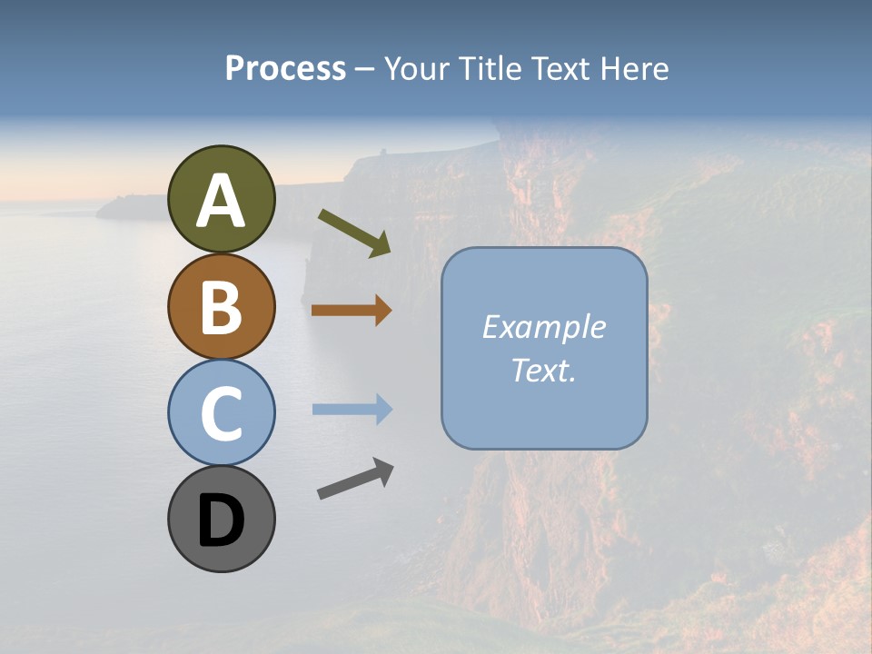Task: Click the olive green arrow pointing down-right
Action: pos(354,233)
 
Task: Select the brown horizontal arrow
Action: pos(351,311)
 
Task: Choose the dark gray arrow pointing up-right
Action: pos(355,479)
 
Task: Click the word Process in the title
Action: pos(285,68)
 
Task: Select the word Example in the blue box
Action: pos(543,327)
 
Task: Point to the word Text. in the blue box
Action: pos(543,370)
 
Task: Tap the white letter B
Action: pos(221,307)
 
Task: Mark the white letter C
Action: pos(221,413)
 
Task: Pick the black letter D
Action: pos(221,520)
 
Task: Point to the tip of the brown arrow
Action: pos(391,311)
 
